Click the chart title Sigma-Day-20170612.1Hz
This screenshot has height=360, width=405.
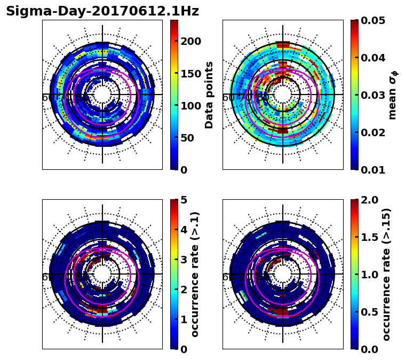pos(102,12)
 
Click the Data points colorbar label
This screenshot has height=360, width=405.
pos(209,95)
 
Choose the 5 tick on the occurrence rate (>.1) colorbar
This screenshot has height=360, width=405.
pos(182,200)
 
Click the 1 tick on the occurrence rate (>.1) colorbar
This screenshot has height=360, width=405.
pos(182,319)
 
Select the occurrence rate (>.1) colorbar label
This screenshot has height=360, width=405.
pos(195,274)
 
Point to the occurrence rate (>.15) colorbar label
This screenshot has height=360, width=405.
pos(387,274)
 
